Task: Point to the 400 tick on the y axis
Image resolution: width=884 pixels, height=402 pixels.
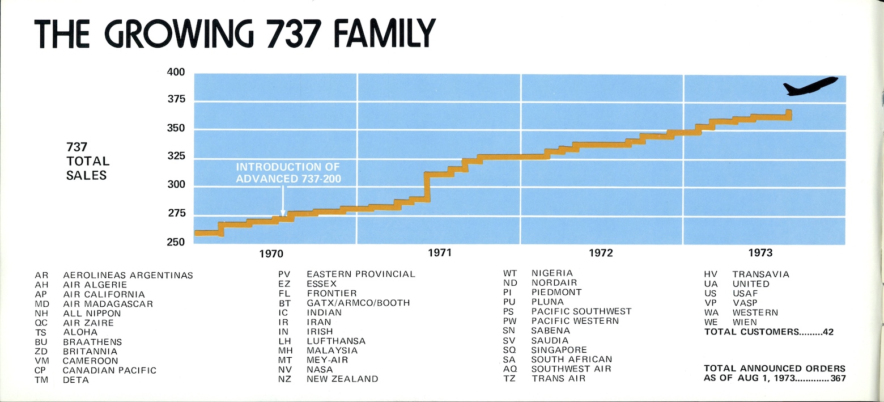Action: coord(176,73)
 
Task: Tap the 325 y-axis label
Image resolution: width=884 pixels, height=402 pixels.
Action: coord(176,156)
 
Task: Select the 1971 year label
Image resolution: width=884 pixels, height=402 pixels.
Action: coord(439,252)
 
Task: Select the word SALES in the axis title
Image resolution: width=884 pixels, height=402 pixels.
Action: coord(86,175)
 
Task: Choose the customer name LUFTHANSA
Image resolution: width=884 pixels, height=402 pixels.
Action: coord(336,341)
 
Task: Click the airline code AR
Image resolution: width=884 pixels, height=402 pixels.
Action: coord(41,276)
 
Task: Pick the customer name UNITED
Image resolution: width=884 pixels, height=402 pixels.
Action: coord(751,283)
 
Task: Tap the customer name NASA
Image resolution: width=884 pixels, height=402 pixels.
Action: coord(320,370)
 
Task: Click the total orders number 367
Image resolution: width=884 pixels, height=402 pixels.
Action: coord(838,379)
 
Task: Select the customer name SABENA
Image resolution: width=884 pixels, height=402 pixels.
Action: coord(550,331)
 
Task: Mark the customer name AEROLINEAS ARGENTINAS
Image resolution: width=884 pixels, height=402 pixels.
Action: coord(128,276)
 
